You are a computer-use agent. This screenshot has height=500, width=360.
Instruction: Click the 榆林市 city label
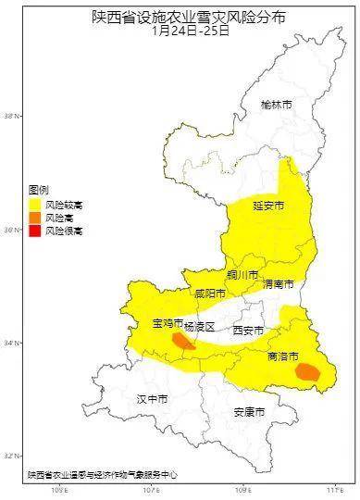click(276, 106)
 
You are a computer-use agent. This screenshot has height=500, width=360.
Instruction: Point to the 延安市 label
click(268, 206)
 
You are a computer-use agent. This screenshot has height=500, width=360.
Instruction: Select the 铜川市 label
click(242, 275)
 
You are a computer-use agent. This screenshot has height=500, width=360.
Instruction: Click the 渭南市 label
click(278, 283)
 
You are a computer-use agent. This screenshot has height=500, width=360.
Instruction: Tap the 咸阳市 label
click(210, 294)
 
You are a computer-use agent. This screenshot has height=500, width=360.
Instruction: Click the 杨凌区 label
click(199, 328)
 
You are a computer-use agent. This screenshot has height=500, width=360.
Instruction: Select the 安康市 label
click(249, 411)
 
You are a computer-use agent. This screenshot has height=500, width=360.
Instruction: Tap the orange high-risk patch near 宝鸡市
click(182, 342)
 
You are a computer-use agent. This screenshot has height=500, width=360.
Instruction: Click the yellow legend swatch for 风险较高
click(35, 202)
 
